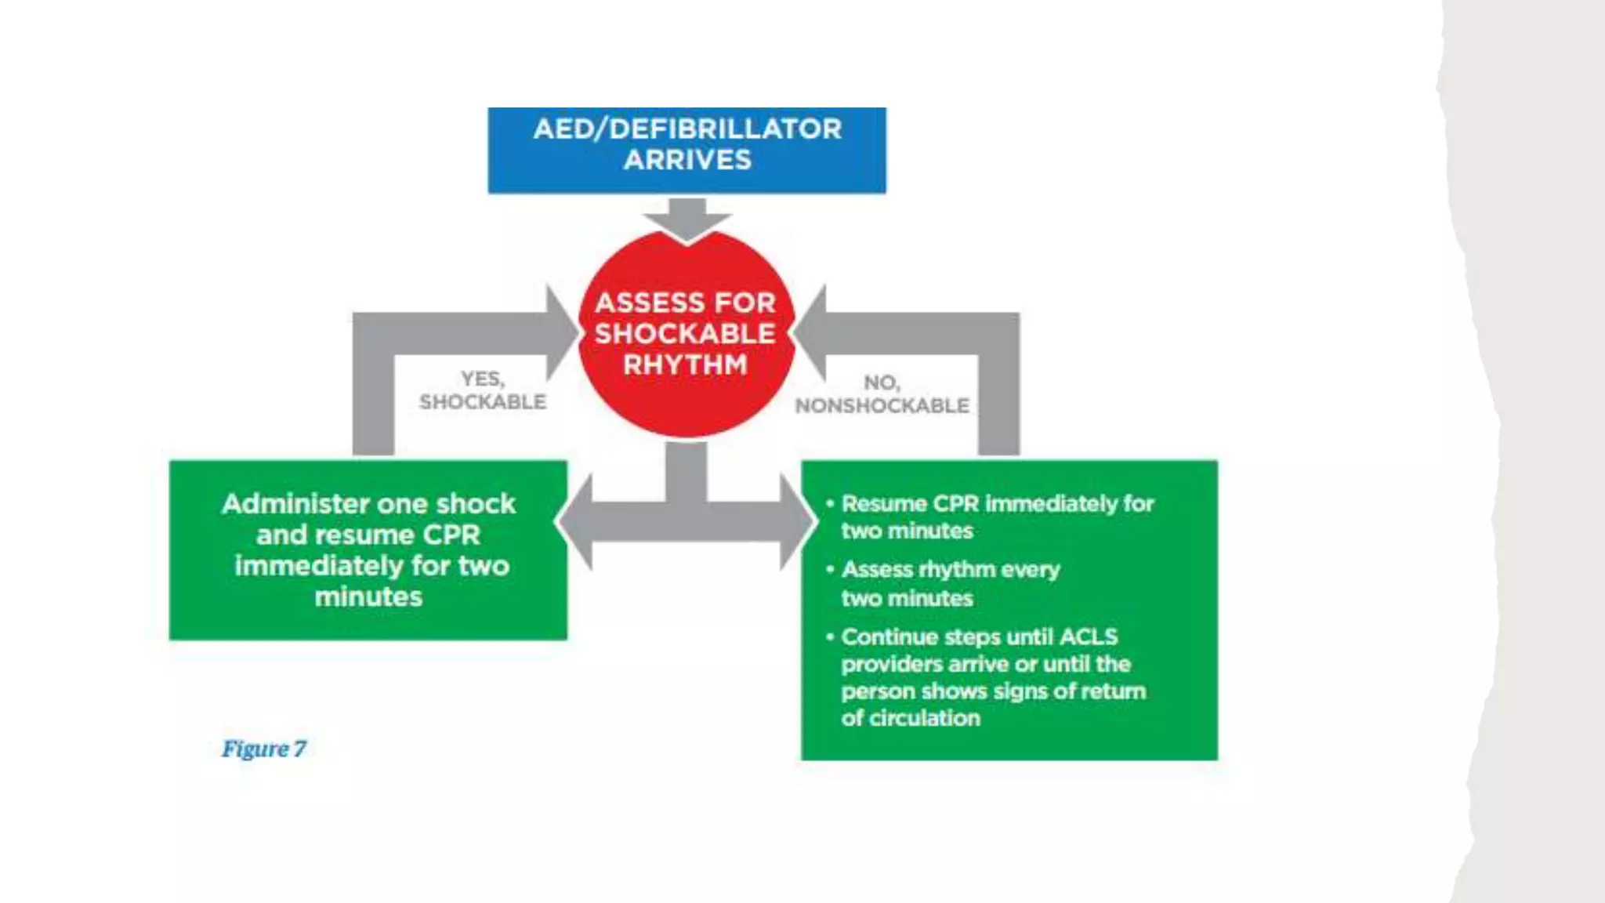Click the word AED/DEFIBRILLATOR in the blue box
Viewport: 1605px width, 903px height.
tap(687, 129)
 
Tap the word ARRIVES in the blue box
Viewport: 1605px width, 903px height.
tap(687, 160)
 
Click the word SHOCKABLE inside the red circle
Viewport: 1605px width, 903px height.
tap(685, 334)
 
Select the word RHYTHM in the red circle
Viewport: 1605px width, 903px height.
tap(685, 364)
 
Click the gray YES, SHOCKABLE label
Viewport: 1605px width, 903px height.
tap(483, 390)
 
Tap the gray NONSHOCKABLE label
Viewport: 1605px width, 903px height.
tap(882, 406)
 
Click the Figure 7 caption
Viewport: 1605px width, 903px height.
tap(264, 749)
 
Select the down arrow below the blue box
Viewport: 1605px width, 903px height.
tap(687, 219)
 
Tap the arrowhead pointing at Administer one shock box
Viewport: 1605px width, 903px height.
tap(574, 521)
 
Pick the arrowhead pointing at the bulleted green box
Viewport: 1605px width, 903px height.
tap(798, 521)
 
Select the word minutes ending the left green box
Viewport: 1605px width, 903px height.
tap(368, 597)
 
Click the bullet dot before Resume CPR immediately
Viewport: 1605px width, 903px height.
tap(830, 503)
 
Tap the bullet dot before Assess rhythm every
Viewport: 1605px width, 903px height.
tap(830, 569)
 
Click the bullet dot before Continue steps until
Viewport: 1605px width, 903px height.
tap(830, 636)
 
